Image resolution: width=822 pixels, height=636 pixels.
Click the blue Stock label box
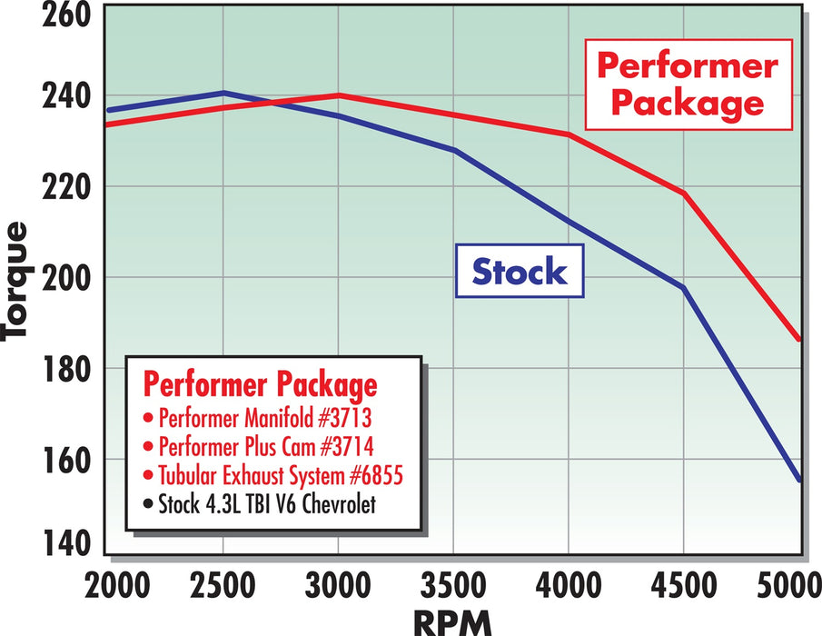[x=520, y=271]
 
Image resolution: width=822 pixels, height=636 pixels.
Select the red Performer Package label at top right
[x=687, y=84]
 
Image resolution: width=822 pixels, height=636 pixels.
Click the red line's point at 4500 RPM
[x=683, y=193]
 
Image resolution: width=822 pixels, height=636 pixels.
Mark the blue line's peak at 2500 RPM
[x=223, y=93]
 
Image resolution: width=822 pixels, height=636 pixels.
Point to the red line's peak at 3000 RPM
[x=338, y=95]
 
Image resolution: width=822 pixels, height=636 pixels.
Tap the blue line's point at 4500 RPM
[x=683, y=288]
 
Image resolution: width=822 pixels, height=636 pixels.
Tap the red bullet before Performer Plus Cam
[x=148, y=448]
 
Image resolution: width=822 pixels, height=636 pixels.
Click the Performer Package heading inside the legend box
[x=260, y=385]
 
